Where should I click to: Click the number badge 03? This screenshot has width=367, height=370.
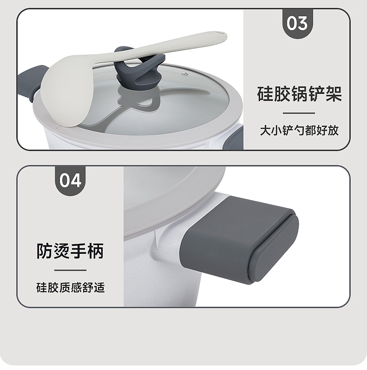pos(298,24)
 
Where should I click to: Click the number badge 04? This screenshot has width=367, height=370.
pos(70,181)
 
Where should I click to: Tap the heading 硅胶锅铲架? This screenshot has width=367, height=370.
pos(299,94)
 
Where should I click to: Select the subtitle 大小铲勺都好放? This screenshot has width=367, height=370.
pos(299,131)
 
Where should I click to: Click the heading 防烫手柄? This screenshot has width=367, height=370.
pos(70,251)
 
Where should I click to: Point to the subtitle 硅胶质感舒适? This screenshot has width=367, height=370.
pos(70,288)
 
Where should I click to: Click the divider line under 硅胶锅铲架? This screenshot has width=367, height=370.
pos(299,113)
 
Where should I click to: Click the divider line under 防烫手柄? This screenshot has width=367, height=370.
pos(70,270)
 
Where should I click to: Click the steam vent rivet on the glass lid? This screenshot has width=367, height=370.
pos(185,74)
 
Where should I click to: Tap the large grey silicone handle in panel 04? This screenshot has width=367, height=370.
pos(239,240)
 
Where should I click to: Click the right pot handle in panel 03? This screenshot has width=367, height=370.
pos(234,138)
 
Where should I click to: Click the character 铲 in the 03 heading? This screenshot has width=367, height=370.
pos(316,94)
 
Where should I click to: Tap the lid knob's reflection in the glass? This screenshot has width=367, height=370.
pos(139,99)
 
